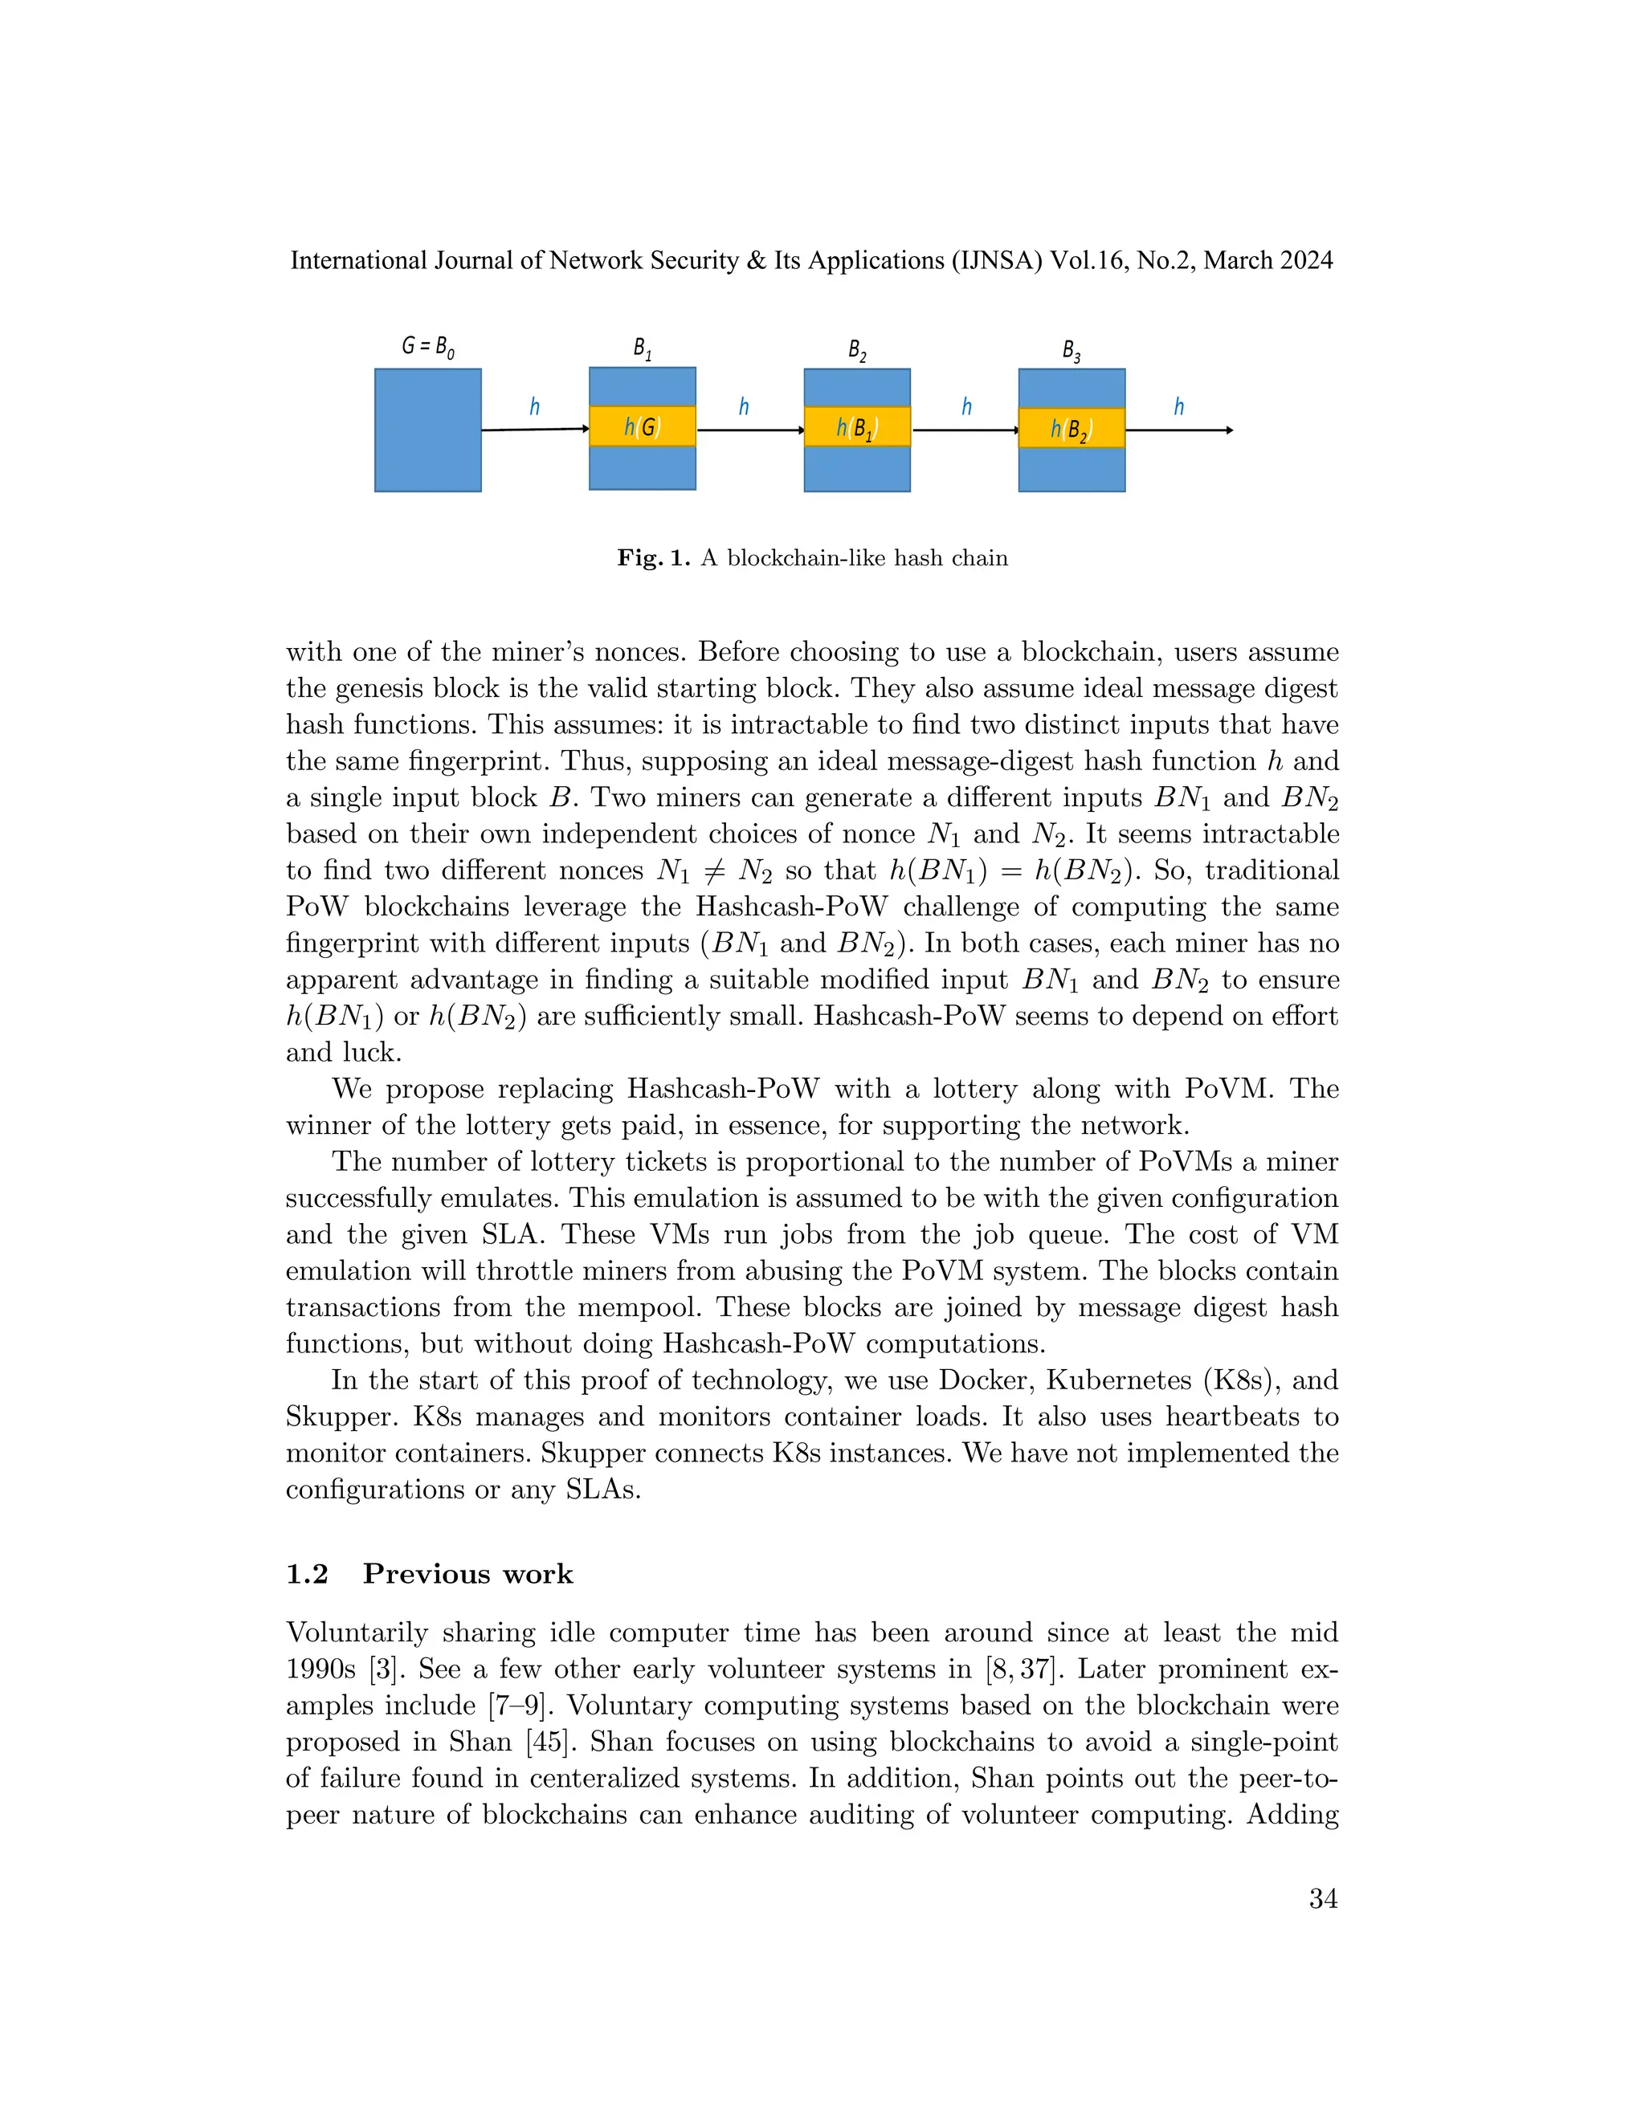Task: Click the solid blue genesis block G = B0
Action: pyautogui.click(x=428, y=430)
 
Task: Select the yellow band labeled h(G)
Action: pyautogui.click(x=643, y=426)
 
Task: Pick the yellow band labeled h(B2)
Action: pyautogui.click(x=1071, y=428)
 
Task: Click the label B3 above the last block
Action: pyautogui.click(x=1071, y=351)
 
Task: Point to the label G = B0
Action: pyautogui.click(x=428, y=346)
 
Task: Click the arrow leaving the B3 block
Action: pyautogui.click(x=1179, y=430)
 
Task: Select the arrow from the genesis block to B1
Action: pyautogui.click(x=535, y=429)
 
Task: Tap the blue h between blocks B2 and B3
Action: pyautogui.click(x=965, y=407)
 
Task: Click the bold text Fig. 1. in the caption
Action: pyautogui.click(x=653, y=558)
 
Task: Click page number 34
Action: pyautogui.click(x=1322, y=1899)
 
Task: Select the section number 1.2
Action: pyautogui.click(x=307, y=1575)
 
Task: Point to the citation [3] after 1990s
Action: pyautogui.click(x=387, y=1669)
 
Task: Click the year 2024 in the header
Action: pyautogui.click(x=1300, y=261)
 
